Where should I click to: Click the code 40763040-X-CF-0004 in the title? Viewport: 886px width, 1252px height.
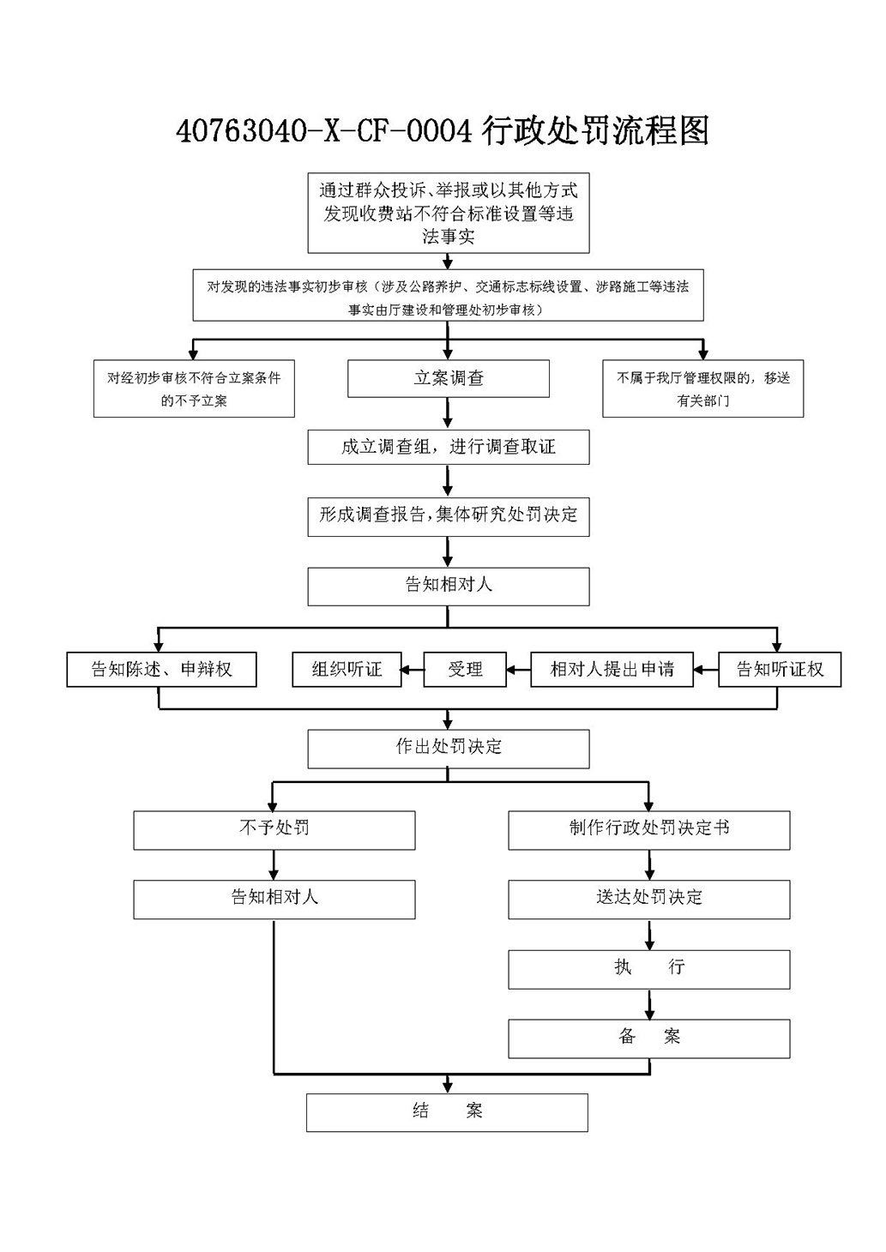click(x=323, y=132)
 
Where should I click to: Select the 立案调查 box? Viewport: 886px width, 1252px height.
click(x=449, y=378)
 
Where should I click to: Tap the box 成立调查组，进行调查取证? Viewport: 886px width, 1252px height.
click(x=449, y=447)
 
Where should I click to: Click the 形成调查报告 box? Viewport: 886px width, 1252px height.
click(x=449, y=517)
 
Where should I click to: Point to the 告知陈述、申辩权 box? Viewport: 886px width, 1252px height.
click(x=161, y=669)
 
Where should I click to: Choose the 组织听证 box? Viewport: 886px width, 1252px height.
click(x=347, y=669)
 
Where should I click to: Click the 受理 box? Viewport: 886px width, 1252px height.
click(x=465, y=669)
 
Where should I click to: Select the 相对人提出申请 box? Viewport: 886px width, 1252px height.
click(x=612, y=669)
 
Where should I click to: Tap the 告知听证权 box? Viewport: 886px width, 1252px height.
click(x=780, y=669)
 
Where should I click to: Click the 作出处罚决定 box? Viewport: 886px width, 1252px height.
click(x=449, y=749)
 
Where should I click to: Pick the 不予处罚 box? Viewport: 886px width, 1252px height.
click(x=274, y=831)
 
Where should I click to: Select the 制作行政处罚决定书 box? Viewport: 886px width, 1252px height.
click(x=649, y=831)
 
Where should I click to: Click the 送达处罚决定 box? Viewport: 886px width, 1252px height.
click(x=649, y=900)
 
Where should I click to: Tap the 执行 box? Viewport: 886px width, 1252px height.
click(x=649, y=969)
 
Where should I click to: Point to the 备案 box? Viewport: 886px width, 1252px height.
click(x=649, y=1038)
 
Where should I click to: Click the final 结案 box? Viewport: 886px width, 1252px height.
click(x=447, y=1112)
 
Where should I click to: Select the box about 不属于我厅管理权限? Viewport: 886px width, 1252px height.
click(x=703, y=388)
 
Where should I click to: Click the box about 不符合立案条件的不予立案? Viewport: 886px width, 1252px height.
click(x=194, y=388)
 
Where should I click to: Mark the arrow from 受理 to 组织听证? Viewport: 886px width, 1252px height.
click(x=413, y=669)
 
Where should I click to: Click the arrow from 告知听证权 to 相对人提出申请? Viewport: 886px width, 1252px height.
click(x=706, y=669)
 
